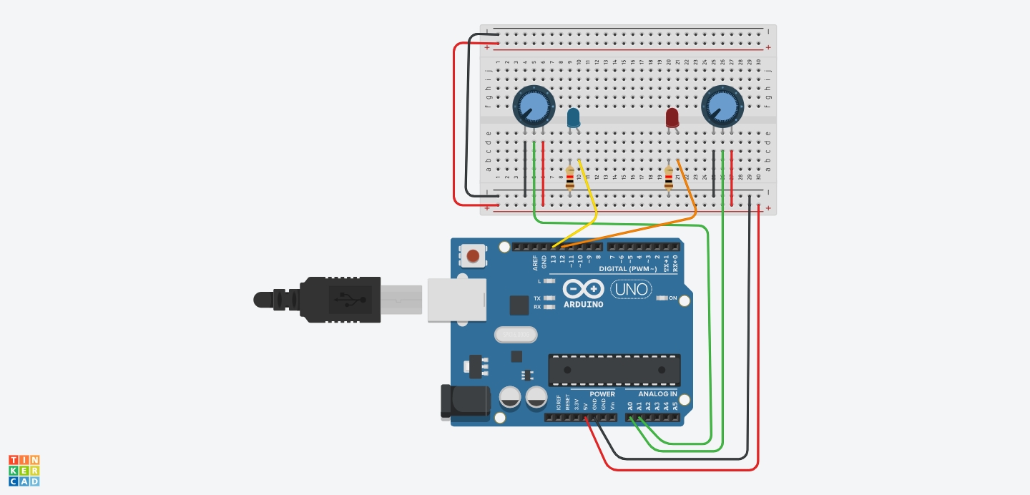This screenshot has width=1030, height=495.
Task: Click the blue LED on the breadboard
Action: pos(574,118)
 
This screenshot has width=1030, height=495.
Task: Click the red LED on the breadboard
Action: pos(672,118)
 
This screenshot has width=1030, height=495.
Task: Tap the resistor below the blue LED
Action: pos(570,177)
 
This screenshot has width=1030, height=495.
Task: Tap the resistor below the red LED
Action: pos(669,177)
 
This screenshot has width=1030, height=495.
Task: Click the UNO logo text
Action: pos(631,290)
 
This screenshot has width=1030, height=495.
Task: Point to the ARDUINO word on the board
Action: pos(583,304)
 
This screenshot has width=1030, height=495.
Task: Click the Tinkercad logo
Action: pos(24,470)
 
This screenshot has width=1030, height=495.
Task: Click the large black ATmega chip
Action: pos(614,370)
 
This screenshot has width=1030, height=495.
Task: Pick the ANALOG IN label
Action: pos(657,394)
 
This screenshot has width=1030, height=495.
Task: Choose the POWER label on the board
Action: pos(602,394)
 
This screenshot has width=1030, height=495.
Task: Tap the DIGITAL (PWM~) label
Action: pos(627,269)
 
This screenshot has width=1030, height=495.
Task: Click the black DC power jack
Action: pos(464,401)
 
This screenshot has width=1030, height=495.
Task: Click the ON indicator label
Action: pos(673,298)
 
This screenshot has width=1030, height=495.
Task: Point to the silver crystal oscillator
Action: pos(515,334)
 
